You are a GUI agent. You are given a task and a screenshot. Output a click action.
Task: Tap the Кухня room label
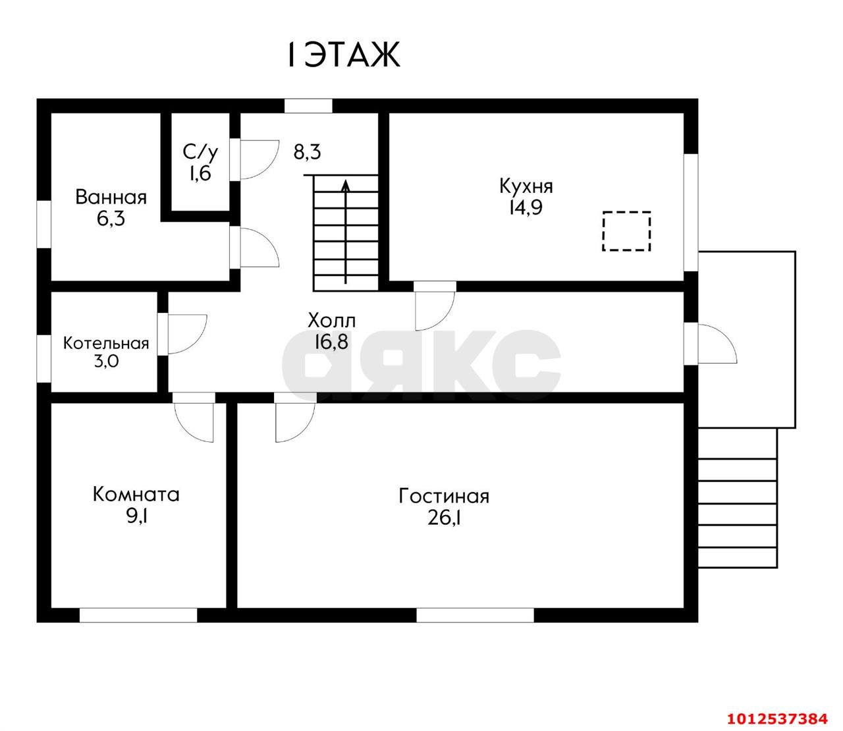click(x=526, y=186)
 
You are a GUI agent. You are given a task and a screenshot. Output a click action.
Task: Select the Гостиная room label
click(x=444, y=497)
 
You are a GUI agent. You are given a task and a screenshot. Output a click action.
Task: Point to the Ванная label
click(x=111, y=198)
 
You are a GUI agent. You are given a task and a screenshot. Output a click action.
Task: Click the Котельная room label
click(x=106, y=344)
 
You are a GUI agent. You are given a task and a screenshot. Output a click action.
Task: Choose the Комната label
click(x=136, y=495)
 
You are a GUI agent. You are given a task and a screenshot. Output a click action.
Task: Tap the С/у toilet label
click(x=200, y=152)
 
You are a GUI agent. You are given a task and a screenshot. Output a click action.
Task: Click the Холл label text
click(x=331, y=321)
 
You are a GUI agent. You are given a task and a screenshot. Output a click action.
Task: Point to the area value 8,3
click(x=307, y=152)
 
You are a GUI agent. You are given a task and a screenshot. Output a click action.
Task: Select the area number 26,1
click(x=444, y=518)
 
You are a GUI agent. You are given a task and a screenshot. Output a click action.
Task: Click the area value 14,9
click(x=526, y=207)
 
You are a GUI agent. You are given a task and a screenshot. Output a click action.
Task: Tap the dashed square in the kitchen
click(x=626, y=231)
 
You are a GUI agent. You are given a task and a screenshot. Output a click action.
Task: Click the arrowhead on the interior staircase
click(x=346, y=186)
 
